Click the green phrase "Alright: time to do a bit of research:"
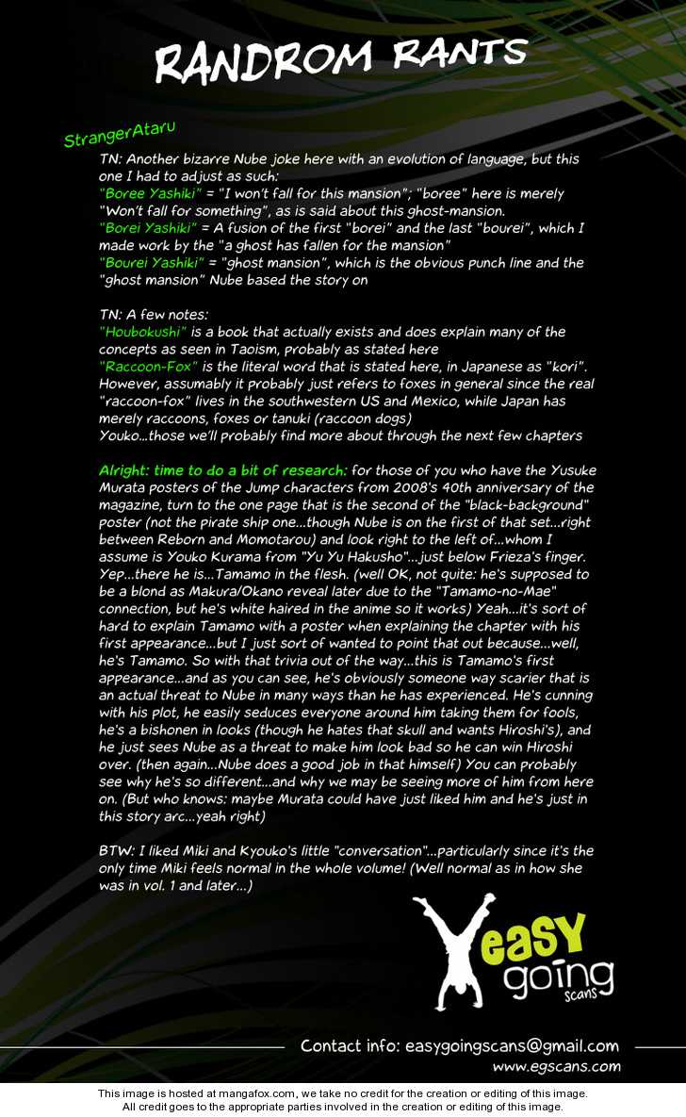[223, 469]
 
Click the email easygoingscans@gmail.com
[512, 1045]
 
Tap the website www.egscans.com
[556, 1067]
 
